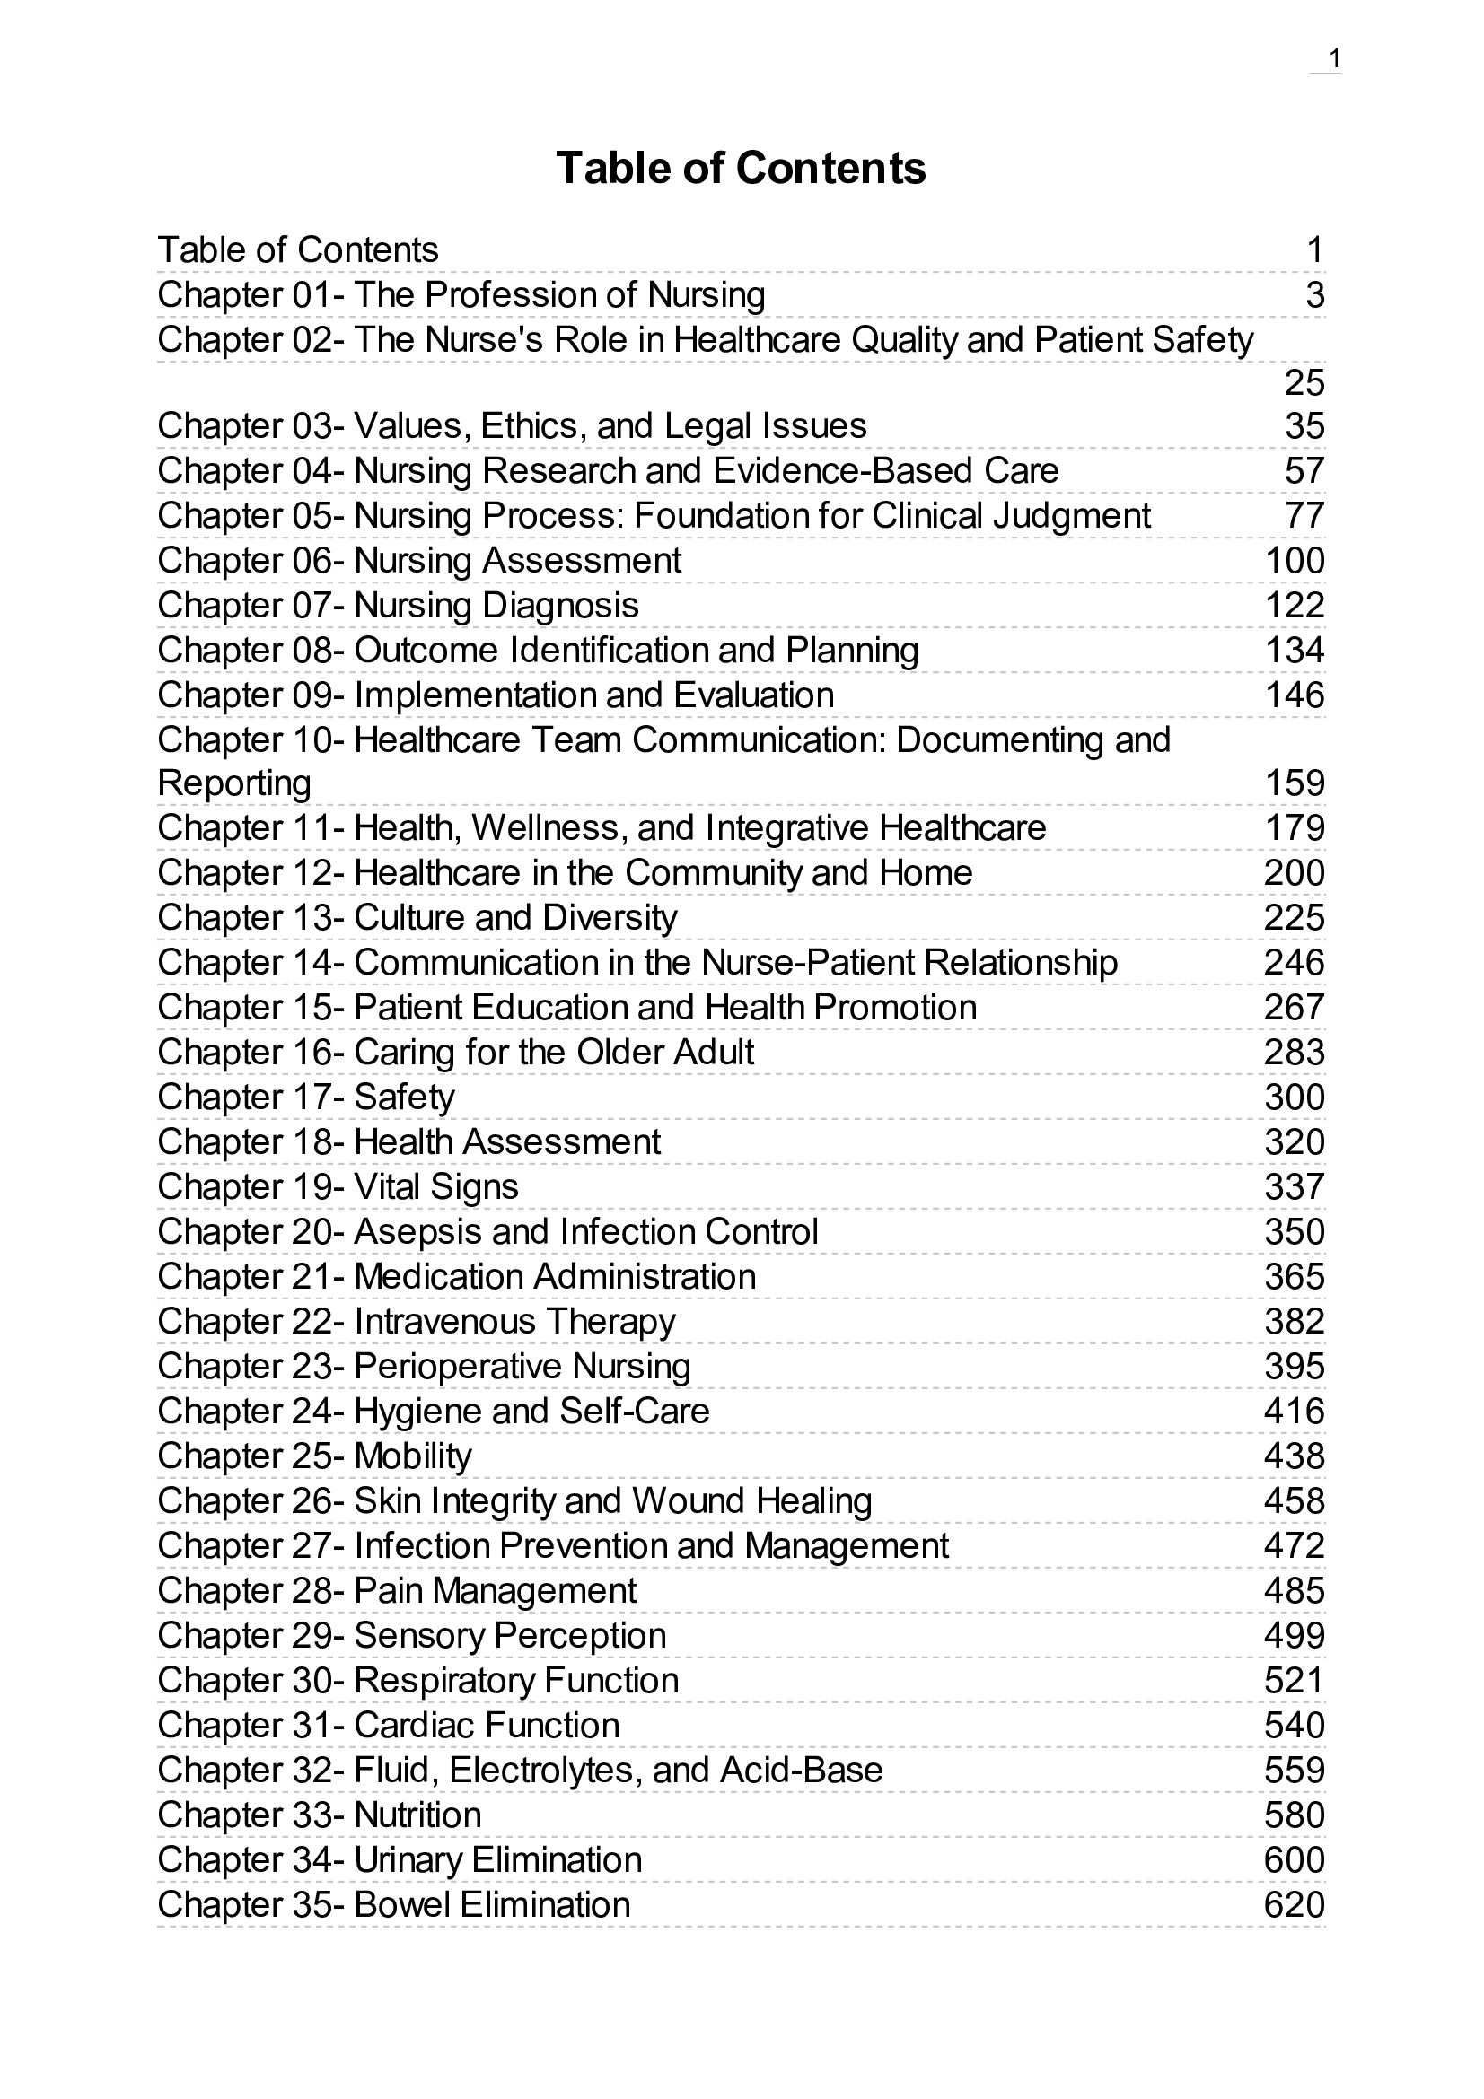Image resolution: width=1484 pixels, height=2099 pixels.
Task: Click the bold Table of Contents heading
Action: coord(741,168)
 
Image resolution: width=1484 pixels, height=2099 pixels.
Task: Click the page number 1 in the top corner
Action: coord(1334,59)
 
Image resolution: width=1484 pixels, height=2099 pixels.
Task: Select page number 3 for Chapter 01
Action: coord(1315,295)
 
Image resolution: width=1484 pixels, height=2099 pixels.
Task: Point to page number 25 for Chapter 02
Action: coord(1304,382)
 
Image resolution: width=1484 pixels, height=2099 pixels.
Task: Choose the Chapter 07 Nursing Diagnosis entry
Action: coord(398,605)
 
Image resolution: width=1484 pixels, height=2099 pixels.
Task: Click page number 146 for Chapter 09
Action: coord(1294,695)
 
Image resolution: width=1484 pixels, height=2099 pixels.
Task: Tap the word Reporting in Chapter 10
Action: coord(234,783)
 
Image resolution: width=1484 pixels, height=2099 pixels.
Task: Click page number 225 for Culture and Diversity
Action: coord(1294,917)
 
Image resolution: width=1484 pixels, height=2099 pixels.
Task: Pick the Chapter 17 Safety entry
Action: coord(305,1096)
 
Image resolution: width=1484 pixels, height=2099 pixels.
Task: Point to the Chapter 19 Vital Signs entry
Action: coord(338,1186)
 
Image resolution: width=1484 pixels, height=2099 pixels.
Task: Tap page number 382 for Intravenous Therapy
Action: coord(1294,1321)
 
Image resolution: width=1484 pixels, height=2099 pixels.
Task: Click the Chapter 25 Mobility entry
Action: coord(314,1456)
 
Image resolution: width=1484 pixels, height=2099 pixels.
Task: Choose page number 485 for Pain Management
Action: coord(1294,1590)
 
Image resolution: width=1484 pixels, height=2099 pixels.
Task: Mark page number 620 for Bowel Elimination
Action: coord(1294,1904)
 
